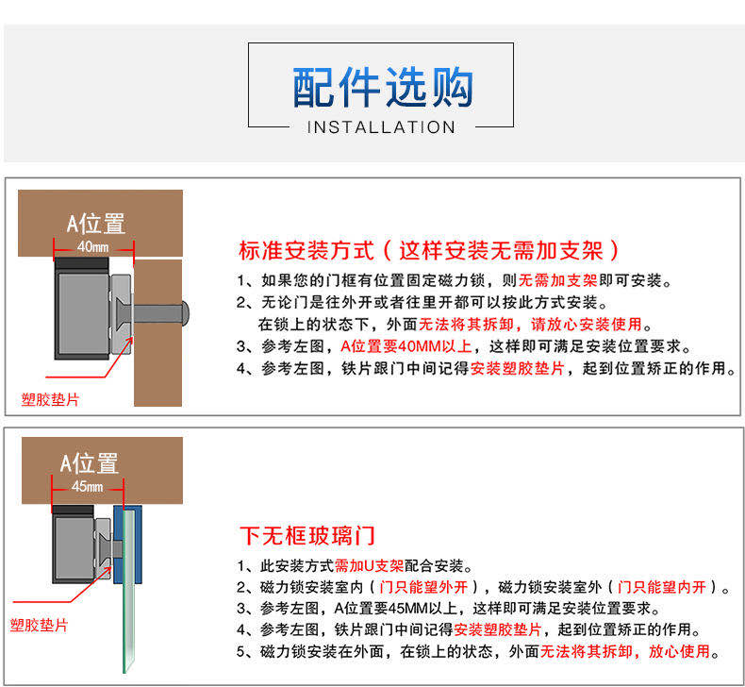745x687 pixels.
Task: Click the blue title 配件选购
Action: [x=383, y=87]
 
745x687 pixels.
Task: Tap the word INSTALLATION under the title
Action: [x=382, y=127]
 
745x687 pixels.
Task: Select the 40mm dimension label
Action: [x=92, y=246]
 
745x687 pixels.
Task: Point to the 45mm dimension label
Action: [x=87, y=486]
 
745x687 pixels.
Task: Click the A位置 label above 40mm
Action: [x=96, y=224]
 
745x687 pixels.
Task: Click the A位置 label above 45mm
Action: [x=90, y=463]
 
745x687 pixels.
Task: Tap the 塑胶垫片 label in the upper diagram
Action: [x=50, y=399]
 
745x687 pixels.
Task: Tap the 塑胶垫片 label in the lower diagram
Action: [x=39, y=625]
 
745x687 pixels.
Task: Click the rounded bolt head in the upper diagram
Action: [x=185, y=313]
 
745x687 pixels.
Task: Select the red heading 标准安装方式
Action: [x=306, y=251]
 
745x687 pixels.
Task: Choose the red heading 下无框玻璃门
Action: [x=307, y=536]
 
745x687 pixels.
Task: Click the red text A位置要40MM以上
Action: [x=406, y=346]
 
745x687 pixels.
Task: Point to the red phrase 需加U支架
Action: [x=369, y=566]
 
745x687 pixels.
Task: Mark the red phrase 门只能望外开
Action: [x=423, y=587]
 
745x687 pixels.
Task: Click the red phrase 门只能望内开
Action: [x=662, y=587]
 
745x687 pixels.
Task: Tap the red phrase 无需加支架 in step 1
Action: [x=557, y=280]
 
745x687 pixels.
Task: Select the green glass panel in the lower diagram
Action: [x=129, y=590]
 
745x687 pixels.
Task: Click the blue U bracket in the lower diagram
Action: [x=127, y=545]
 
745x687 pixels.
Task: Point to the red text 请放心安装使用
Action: [x=587, y=325]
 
